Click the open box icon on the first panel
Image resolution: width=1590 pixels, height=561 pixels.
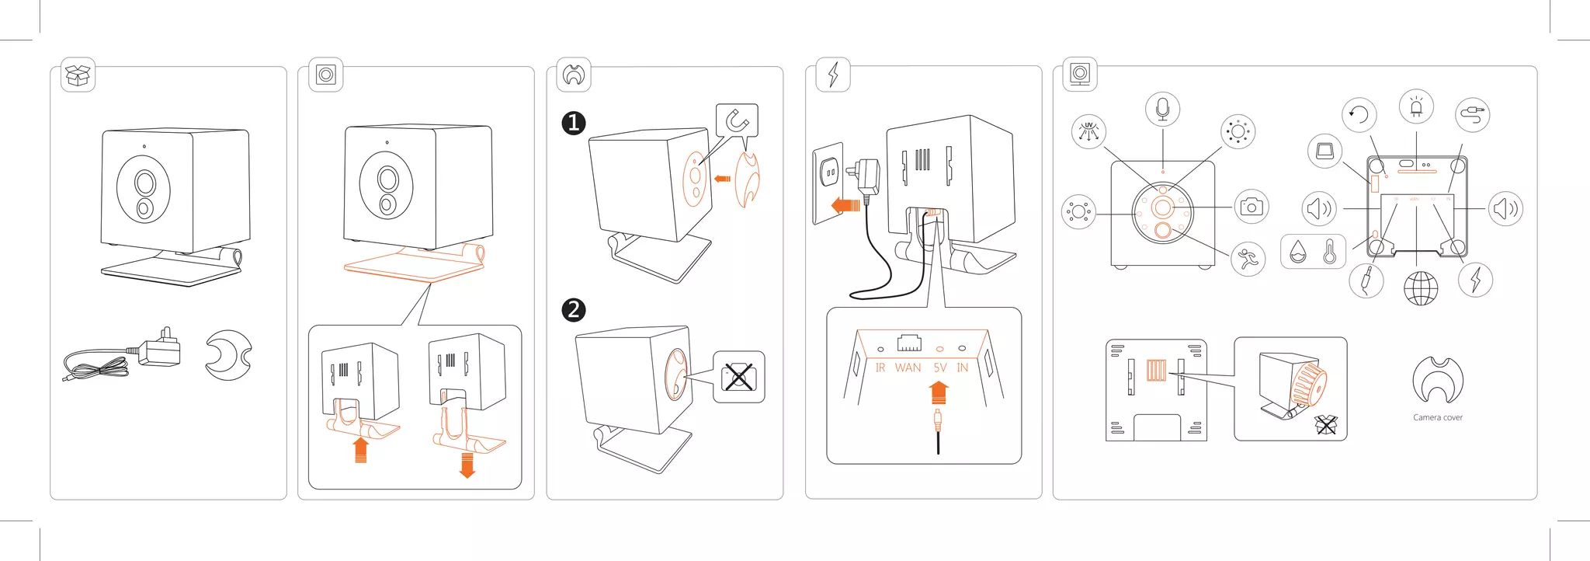78,75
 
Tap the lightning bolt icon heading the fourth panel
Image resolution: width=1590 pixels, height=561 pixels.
833,75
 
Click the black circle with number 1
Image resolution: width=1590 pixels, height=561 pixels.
573,123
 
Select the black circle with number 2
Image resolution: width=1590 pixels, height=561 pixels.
573,310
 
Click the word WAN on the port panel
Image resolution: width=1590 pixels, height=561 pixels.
908,368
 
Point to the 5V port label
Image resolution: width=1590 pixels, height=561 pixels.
940,368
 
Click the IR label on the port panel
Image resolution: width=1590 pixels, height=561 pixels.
880,368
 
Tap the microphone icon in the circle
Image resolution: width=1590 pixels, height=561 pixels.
1162,110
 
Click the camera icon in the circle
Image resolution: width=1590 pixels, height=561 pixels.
1251,207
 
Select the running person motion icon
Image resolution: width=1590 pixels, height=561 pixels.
1248,259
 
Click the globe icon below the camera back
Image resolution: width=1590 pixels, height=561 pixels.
1421,288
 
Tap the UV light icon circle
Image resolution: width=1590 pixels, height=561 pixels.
1088,131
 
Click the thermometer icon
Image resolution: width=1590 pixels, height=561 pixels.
1330,252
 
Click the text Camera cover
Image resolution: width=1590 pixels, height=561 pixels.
1437,417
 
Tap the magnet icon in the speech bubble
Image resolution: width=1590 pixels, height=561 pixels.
737,120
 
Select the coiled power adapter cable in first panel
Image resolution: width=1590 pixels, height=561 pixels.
97,365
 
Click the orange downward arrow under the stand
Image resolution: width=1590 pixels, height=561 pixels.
467,465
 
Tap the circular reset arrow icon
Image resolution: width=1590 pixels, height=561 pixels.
1359,116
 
